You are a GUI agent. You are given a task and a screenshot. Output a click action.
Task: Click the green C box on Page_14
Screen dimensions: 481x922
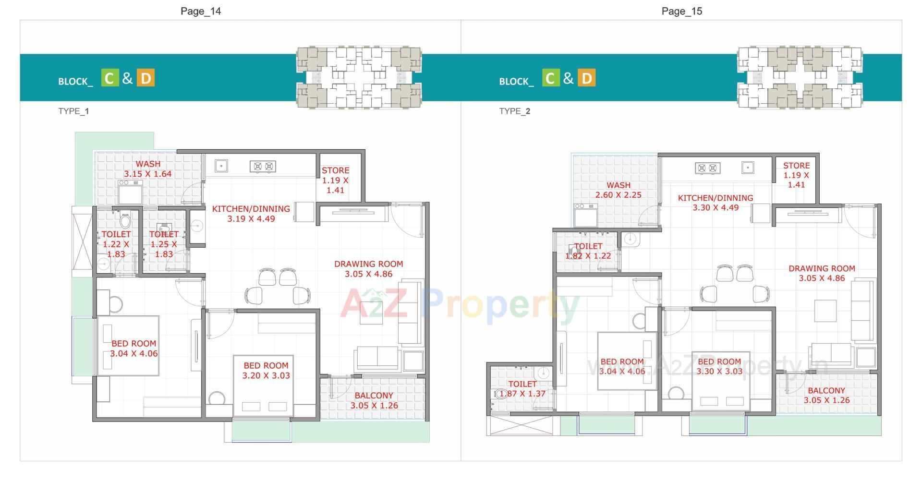click(x=109, y=78)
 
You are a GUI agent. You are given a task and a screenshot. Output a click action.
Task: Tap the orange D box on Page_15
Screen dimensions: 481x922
click(x=586, y=78)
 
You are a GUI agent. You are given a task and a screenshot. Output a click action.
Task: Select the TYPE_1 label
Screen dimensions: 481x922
click(x=73, y=111)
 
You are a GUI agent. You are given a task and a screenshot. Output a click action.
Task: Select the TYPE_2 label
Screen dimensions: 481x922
click(x=514, y=111)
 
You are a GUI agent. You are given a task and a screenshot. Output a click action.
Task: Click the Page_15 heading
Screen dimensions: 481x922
click(x=681, y=11)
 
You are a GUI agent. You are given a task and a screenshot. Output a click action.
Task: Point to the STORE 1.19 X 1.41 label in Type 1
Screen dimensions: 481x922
click(x=335, y=180)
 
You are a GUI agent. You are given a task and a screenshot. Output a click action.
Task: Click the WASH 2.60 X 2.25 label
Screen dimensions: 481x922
click(x=618, y=190)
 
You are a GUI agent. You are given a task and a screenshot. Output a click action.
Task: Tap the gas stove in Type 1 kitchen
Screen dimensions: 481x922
click(x=263, y=167)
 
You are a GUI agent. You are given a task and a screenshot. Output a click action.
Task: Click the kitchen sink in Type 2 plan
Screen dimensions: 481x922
click(x=747, y=168)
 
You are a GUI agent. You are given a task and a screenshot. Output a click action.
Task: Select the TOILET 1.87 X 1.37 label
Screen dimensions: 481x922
click(x=522, y=389)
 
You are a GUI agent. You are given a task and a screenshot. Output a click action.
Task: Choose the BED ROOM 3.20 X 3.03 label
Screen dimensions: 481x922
click(x=266, y=371)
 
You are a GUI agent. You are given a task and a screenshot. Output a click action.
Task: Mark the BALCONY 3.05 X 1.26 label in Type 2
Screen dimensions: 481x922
click(x=826, y=396)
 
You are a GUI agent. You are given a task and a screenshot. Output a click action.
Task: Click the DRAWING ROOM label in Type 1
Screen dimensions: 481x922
click(x=368, y=269)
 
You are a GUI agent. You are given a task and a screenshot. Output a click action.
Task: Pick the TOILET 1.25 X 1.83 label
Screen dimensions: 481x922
click(x=164, y=244)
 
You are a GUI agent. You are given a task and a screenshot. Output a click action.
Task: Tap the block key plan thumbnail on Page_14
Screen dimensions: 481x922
click(x=359, y=77)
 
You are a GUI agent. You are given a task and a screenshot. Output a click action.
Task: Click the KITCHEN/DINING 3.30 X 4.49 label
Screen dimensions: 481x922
click(x=715, y=203)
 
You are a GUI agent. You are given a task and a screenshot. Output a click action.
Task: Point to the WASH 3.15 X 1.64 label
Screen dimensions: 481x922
click(x=147, y=169)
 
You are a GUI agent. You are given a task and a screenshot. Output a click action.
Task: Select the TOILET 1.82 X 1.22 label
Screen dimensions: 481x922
click(x=588, y=251)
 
